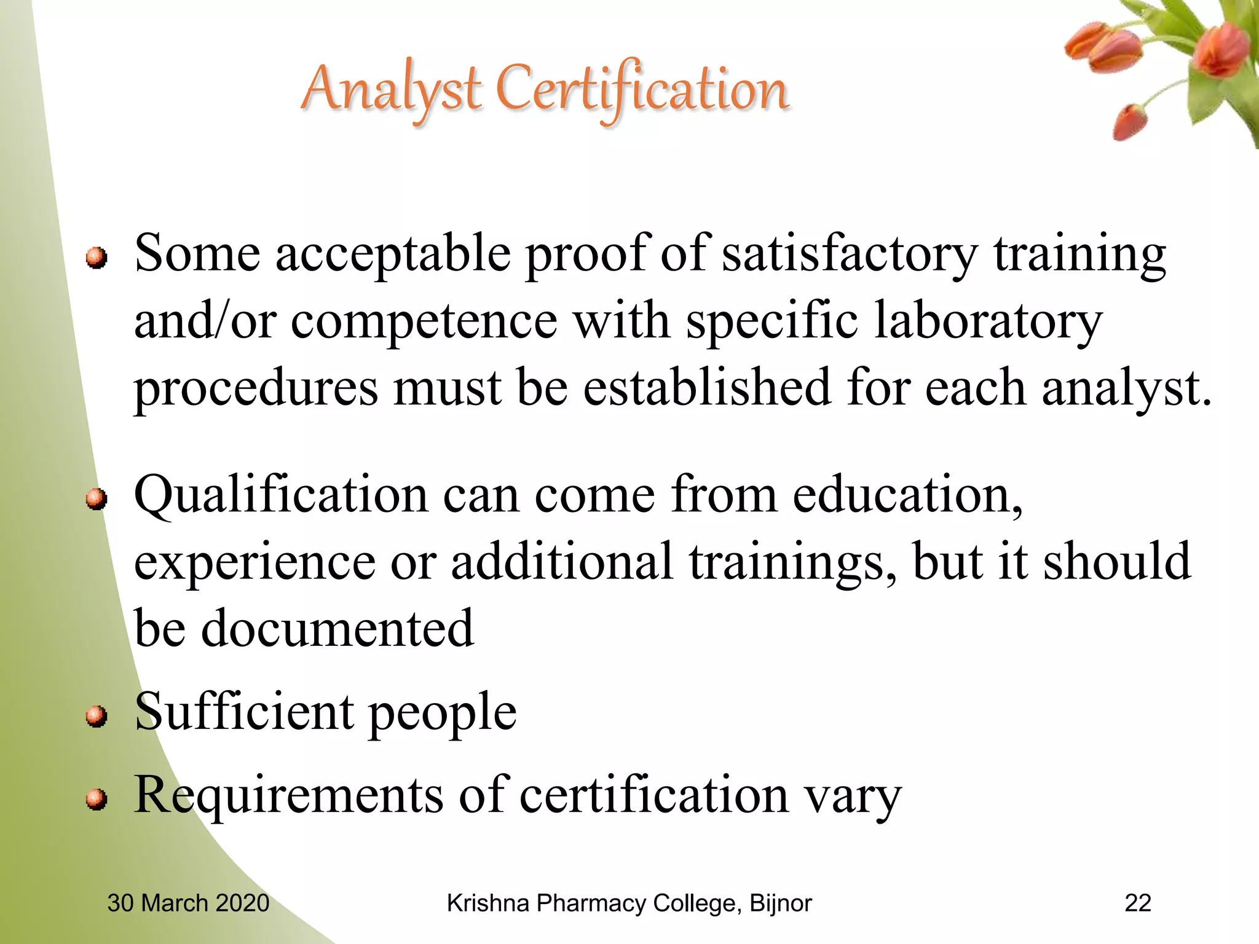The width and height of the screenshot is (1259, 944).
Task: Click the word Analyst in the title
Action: tap(391, 91)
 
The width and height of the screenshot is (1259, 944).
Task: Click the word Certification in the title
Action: tap(642, 91)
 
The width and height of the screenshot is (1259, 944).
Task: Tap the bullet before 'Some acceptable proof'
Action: tap(97, 258)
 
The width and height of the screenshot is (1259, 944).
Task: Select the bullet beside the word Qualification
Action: tap(97, 498)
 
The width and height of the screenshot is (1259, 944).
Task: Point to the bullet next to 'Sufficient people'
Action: tap(97, 716)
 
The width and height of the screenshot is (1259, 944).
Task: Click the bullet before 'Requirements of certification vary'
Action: tap(97, 799)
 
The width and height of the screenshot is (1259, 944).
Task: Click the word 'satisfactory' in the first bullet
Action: tap(849, 254)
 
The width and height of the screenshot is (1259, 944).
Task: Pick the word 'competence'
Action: tap(424, 322)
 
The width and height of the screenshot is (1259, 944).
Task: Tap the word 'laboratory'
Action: tap(988, 322)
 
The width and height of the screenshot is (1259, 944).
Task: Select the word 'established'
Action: tap(706, 388)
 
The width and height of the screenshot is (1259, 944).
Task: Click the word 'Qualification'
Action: tap(281, 497)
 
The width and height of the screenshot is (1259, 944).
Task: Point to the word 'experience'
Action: tap(255, 562)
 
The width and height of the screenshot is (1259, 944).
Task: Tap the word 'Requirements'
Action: tap(288, 796)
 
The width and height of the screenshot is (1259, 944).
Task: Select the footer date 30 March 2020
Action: tap(188, 903)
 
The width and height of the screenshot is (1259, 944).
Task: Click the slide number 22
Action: tap(1137, 903)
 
